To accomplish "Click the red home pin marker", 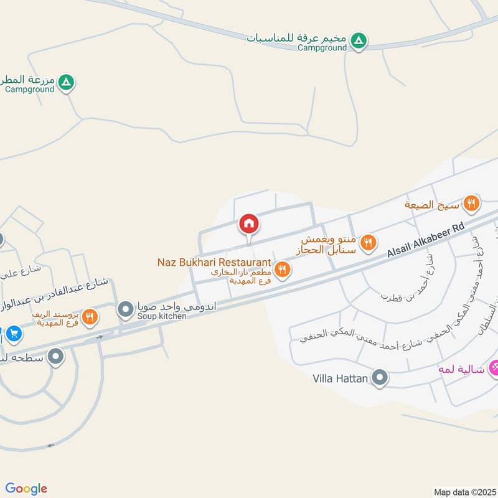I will coord(249,223).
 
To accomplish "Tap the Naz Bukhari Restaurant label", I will coord(214,263).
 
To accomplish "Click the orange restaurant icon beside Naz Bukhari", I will coord(283,269).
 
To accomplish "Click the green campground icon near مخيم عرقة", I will coord(358,42).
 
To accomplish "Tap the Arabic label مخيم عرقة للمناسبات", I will coord(297,37).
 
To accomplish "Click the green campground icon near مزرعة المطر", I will coord(66,82).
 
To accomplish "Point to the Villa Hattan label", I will coord(340,378).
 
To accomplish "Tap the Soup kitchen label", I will coord(162,317).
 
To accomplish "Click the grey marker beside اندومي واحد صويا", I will coord(126,308).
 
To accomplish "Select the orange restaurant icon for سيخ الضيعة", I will coord(471,202).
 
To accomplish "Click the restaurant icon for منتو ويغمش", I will coord(369,242).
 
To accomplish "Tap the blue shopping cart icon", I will coord(14,334).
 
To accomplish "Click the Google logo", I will coord(26,489).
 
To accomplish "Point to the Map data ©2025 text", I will coord(464,492).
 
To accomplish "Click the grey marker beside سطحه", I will coord(56,357).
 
